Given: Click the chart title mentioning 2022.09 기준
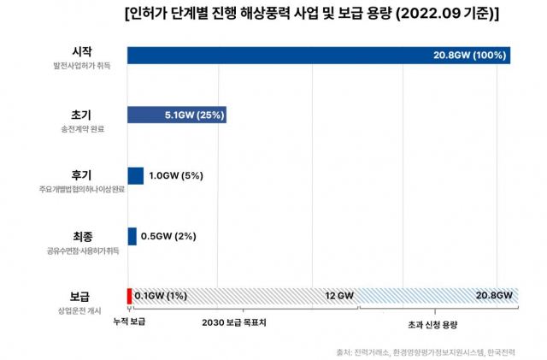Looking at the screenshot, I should click(x=312, y=15).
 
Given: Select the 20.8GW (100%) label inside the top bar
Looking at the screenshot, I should click(x=470, y=56).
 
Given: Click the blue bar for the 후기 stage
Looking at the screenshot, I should click(x=135, y=176).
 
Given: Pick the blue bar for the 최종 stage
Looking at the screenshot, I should click(x=132, y=236).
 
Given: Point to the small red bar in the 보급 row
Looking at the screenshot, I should click(x=129, y=296).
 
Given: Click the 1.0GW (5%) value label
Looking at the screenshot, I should click(x=175, y=176).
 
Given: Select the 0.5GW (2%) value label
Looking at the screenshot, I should click(x=168, y=236).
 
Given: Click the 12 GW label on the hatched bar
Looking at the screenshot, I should click(x=339, y=296).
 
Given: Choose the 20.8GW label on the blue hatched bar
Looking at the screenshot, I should click(x=494, y=296).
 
